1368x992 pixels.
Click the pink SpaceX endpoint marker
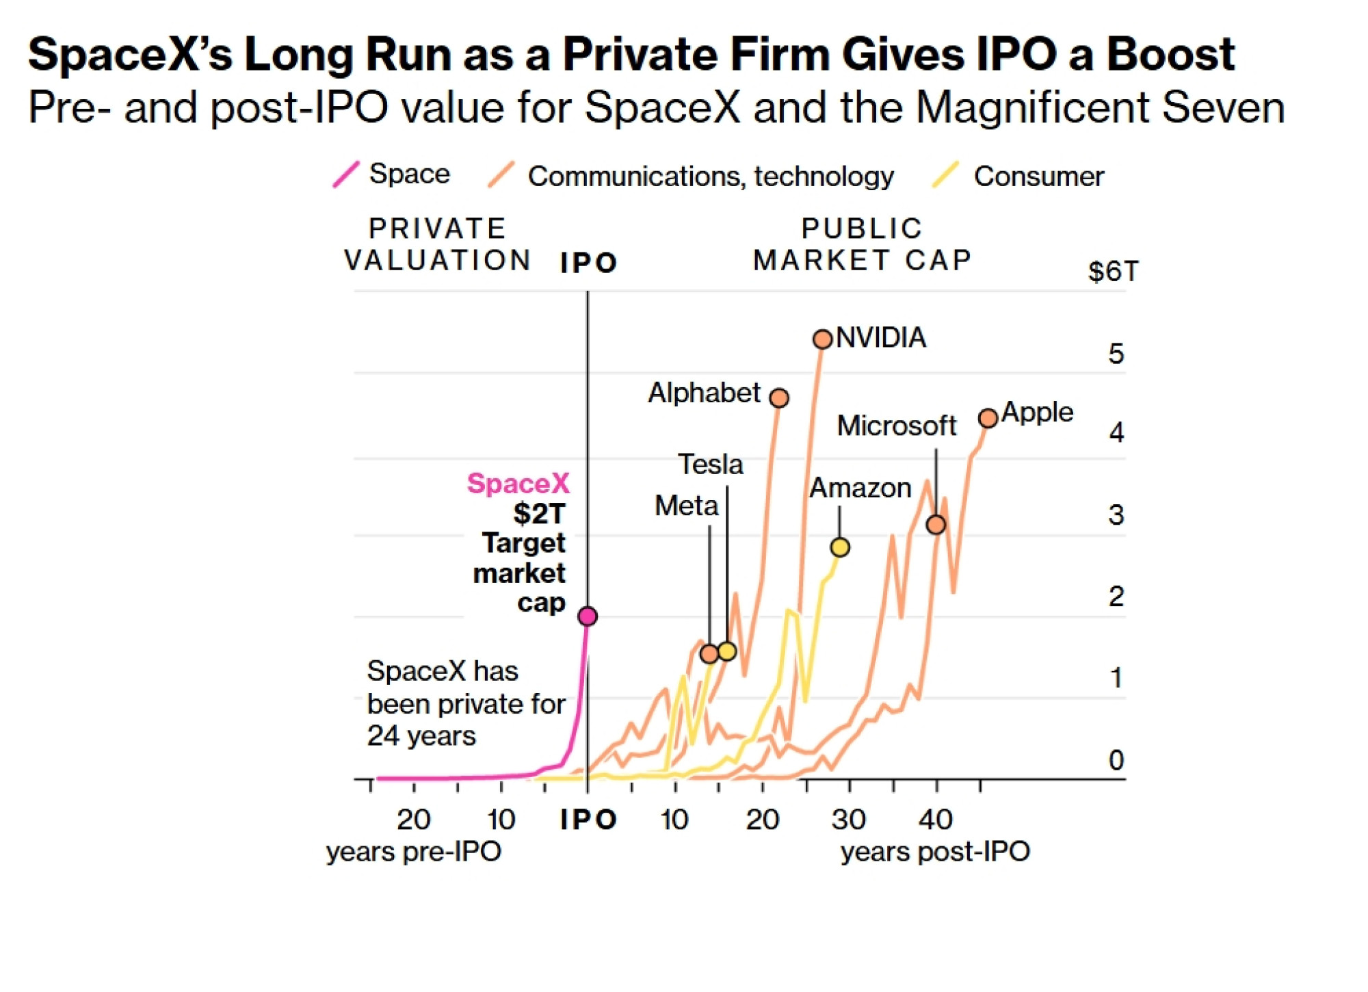[x=588, y=616]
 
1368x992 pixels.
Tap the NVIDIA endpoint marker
[x=823, y=339]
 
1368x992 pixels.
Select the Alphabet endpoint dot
[x=779, y=397]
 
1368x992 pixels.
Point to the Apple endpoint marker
[x=988, y=418]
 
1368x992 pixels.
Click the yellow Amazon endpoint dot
[x=840, y=547]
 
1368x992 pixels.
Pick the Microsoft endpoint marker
[x=936, y=525]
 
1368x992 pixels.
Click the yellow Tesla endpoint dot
[x=727, y=651]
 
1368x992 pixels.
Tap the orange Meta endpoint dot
[x=709, y=654]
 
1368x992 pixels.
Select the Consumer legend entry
[x=1018, y=176]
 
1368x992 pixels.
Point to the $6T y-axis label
[x=1114, y=272]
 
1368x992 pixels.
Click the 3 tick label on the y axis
[x=1116, y=514]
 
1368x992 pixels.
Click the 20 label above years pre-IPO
[x=414, y=819]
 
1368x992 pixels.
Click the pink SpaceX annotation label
[x=518, y=484]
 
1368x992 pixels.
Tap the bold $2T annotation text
[x=540, y=514]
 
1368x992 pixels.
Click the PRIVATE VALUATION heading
[x=438, y=244]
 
